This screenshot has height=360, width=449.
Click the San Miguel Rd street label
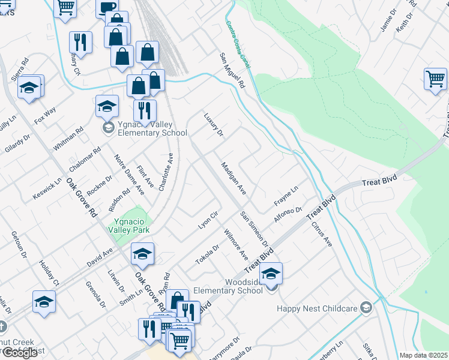tap(232, 71)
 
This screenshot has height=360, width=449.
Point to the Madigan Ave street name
tap(234, 178)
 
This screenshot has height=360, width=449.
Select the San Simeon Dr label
tap(254, 229)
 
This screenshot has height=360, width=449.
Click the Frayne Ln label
tap(286, 196)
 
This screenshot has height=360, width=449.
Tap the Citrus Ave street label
tap(322, 235)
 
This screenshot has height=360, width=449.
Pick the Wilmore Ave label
tap(236, 243)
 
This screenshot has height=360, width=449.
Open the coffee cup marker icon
tap(108, 7)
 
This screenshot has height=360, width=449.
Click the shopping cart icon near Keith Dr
tap(435, 79)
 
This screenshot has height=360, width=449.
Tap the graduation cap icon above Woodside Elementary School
tap(271, 274)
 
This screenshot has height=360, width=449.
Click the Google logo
tap(19, 353)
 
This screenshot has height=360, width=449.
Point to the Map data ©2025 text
tap(423, 355)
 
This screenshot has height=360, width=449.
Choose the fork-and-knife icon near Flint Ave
tap(145, 110)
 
